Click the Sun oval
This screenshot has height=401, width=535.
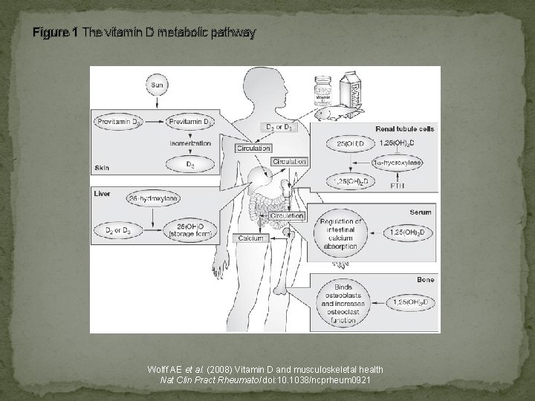[x=157, y=85]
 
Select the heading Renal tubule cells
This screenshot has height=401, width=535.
[x=405, y=128]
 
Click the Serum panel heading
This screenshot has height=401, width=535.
[x=420, y=212]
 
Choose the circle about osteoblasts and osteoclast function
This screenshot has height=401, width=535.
[x=340, y=303]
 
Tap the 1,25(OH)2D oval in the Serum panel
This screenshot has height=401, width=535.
[x=408, y=232]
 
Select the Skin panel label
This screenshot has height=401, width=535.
[x=103, y=169]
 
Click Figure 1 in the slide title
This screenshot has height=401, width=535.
[x=55, y=33]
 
